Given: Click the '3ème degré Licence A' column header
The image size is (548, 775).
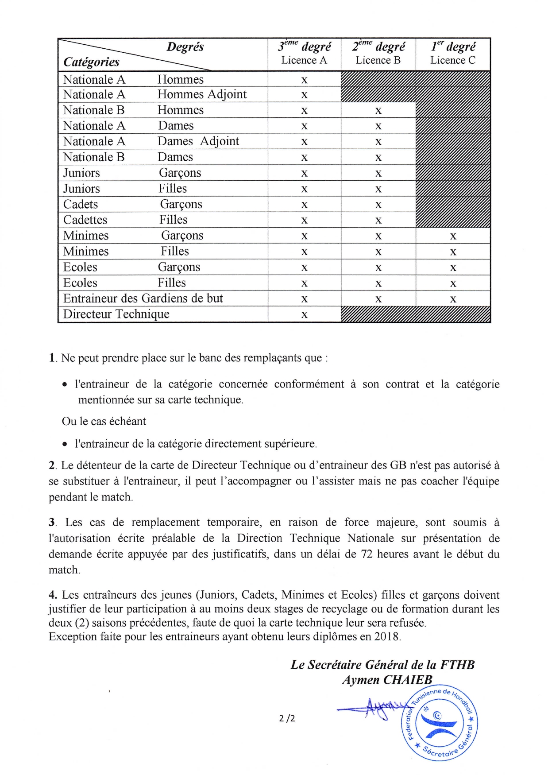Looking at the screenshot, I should coord(304,54).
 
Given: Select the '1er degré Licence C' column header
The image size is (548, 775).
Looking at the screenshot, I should coord(453,54).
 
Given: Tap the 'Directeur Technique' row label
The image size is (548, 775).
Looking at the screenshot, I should coord(116,314).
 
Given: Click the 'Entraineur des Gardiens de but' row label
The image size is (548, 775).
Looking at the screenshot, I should coord(143,298).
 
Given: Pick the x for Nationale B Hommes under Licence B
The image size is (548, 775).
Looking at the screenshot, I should coord(378,111).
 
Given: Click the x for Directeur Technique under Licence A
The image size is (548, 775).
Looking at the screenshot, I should coord(304,315).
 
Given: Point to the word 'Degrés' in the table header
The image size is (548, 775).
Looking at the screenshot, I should coord(185,47).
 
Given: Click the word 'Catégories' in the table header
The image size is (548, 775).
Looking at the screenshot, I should coord(91,62).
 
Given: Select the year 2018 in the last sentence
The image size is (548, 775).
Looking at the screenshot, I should coord(386,637).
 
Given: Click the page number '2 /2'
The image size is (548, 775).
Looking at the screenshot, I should coord(287,718).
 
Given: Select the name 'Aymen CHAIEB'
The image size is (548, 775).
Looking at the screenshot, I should coord(387,680).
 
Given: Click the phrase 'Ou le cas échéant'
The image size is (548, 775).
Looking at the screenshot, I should coord(104,421).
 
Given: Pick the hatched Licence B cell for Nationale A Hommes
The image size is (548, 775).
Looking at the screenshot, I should coord(378,79).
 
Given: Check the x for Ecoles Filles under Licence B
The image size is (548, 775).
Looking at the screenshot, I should coord(378,283).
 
